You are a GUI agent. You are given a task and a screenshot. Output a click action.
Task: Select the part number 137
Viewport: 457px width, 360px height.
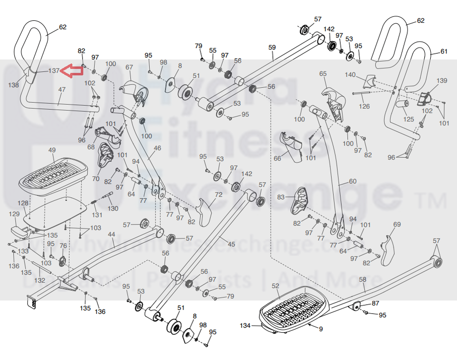point(54,71)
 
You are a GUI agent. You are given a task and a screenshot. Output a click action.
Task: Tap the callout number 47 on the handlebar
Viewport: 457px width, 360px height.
point(62,90)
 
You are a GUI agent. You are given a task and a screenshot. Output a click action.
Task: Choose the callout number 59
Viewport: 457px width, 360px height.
point(271,48)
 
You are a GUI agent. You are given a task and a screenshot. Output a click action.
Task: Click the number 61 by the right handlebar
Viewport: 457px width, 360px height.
point(444,52)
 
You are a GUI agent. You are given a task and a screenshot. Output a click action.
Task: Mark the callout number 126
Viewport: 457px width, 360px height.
point(364,106)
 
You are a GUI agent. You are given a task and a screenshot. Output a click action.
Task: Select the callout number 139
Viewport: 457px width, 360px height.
point(442,80)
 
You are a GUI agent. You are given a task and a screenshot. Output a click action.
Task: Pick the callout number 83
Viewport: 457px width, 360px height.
point(281,198)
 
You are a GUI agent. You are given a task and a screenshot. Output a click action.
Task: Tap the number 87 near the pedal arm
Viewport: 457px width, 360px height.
point(375,303)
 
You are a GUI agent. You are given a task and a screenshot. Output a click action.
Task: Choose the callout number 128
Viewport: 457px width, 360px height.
point(23,203)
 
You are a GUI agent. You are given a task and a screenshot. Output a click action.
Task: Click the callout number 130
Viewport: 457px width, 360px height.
point(113,209)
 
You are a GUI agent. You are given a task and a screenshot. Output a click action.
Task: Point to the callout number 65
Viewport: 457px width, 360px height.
point(323,73)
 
